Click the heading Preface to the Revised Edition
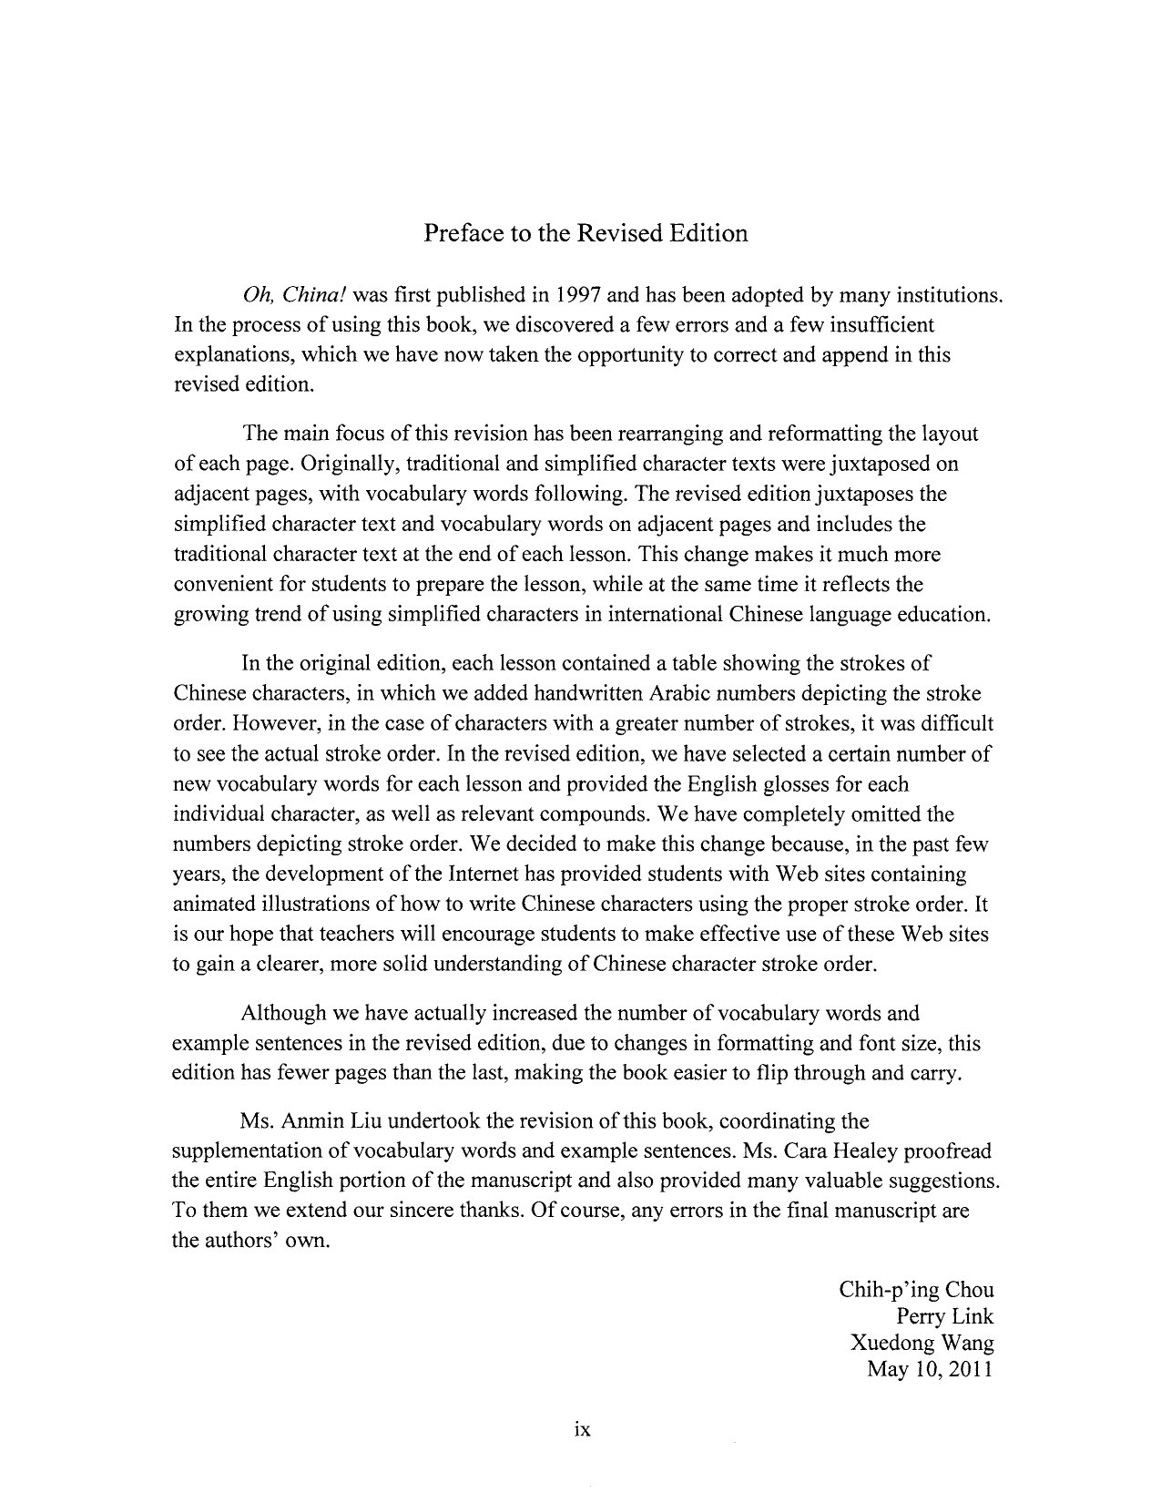[x=586, y=233]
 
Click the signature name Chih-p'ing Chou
[x=916, y=1290]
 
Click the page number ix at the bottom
[x=583, y=1430]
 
